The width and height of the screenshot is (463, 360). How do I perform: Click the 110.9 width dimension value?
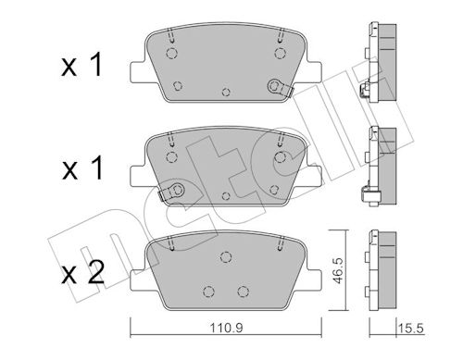coord(226,328)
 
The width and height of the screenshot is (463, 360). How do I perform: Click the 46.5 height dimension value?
coord(338,271)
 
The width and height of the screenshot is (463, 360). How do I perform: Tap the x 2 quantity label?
coord(82,272)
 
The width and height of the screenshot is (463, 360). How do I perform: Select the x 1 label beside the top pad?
coord(81,65)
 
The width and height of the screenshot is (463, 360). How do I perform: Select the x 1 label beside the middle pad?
coord(82,168)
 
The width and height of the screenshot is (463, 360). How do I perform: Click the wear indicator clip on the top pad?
coord(280,87)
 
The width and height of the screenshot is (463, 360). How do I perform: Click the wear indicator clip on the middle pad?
coord(172,192)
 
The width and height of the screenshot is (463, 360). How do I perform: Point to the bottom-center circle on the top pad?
coord(226,92)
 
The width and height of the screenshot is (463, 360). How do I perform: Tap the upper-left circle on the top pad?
coord(171,53)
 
